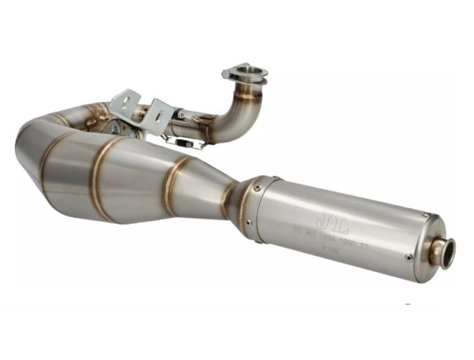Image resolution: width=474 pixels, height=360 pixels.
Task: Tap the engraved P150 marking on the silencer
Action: [329, 249]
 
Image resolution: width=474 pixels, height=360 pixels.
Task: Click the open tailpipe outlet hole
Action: [446, 252]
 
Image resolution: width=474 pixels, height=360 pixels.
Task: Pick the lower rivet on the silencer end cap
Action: [409, 257]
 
